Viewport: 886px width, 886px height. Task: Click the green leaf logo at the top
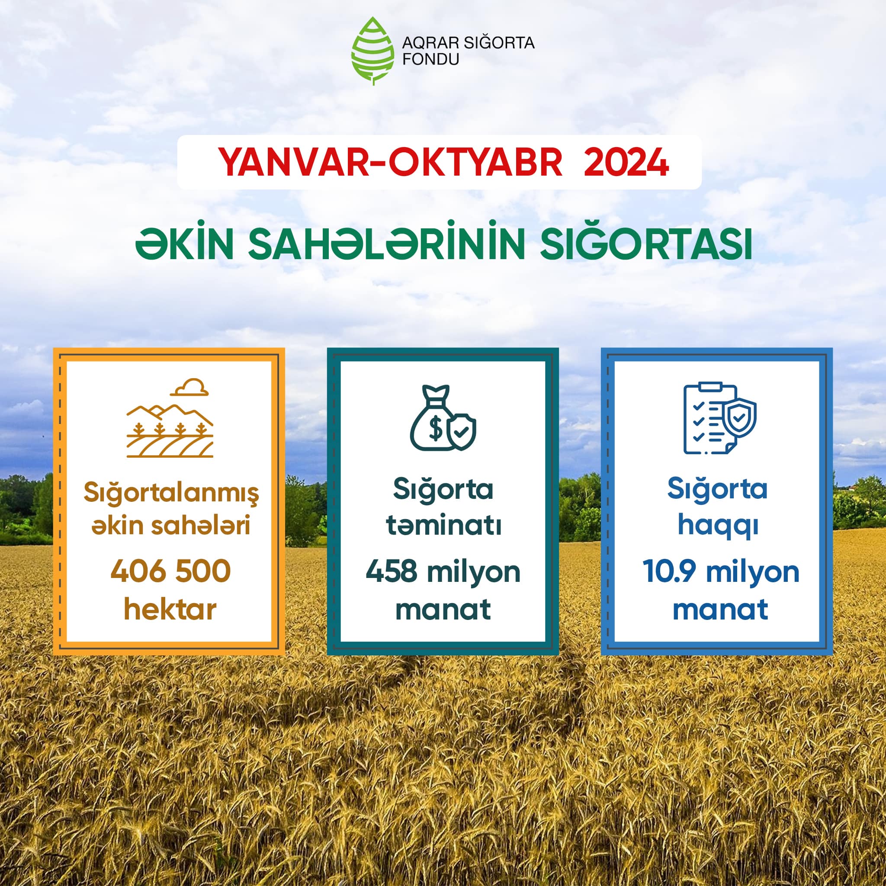click(373, 51)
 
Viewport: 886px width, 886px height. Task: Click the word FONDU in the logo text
click(430, 60)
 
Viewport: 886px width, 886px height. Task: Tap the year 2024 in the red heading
click(626, 162)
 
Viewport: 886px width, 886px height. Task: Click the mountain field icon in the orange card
click(170, 418)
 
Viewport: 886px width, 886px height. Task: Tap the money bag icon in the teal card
click(443, 418)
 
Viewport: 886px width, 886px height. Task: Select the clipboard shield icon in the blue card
click(719, 419)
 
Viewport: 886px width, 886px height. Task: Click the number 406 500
click(170, 571)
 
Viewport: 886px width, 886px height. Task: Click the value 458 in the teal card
click(391, 571)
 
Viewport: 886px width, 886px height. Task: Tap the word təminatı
click(443, 526)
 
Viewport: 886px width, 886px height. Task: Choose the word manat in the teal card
click(443, 610)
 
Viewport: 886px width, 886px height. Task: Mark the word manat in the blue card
click(720, 610)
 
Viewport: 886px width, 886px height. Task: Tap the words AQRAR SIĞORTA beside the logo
click(468, 43)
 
